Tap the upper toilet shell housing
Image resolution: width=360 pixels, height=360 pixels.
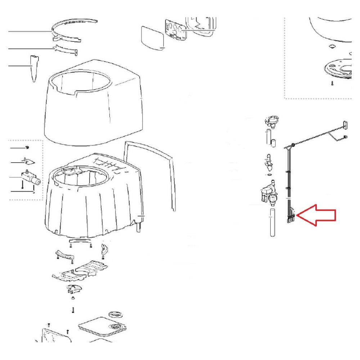point(94,108)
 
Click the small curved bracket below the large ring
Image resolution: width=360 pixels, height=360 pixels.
point(67,50)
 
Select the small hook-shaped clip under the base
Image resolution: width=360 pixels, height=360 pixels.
point(104,248)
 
